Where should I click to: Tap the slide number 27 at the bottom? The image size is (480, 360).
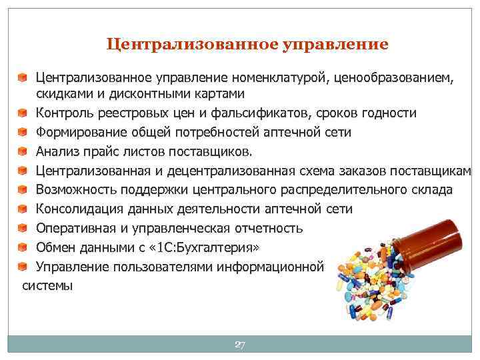[240, 345]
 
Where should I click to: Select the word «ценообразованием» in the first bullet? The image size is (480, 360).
[393, 79]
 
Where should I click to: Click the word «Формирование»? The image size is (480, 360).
[77, 131]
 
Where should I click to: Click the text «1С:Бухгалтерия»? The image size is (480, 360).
[199, 247]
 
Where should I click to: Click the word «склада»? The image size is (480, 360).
[431, 189]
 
